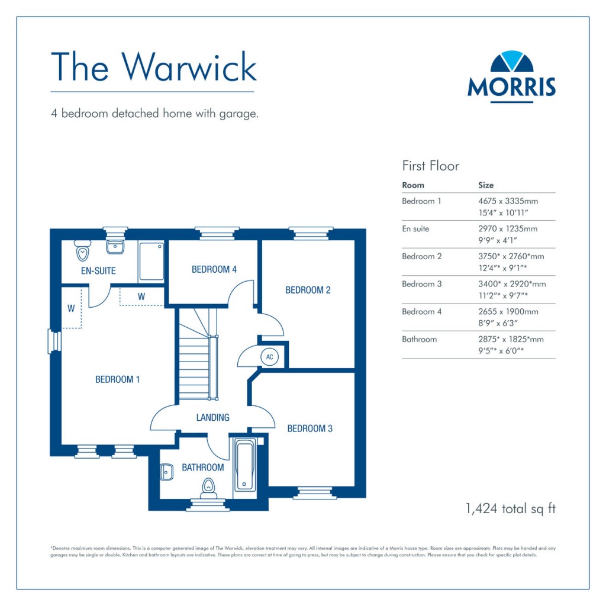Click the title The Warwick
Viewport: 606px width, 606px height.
pos(153,66)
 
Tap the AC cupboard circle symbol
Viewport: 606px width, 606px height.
pos(270,357)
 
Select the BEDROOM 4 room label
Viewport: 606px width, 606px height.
pos(214,270)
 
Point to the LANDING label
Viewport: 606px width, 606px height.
pos(212,418)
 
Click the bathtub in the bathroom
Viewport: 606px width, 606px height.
pos(244,465)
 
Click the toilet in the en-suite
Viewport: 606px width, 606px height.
pos(82,252)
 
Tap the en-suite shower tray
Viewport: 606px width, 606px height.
pos(151,261)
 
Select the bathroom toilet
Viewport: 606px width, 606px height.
pos(208,486)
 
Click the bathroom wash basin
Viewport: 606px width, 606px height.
pos(166,472)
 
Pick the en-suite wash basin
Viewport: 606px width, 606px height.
pos(115,246)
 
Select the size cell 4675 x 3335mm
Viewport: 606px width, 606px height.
pos(508,201)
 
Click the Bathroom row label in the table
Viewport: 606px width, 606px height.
pos(419,340)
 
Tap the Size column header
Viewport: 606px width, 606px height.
pos(486,185)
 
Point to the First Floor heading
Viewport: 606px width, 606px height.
pos(430,166)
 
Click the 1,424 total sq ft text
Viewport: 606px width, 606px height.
pos(511,508)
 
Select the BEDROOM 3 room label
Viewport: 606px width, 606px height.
pos(310,428)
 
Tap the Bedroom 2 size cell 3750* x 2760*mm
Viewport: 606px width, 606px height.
pos(511,257)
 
